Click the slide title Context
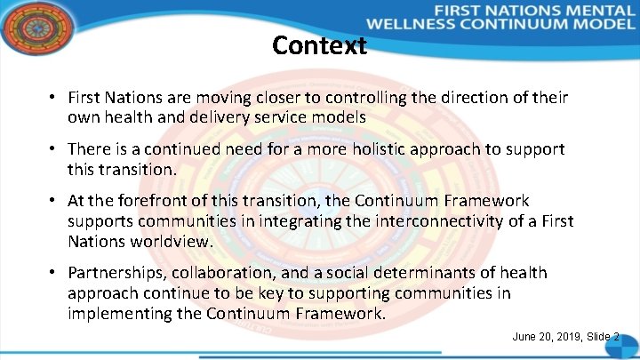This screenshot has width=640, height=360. click(319, 45)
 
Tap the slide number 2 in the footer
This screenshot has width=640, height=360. click(616, 337)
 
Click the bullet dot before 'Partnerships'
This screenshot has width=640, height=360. click(54, 273)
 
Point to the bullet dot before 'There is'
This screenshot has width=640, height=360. click(54, 149)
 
